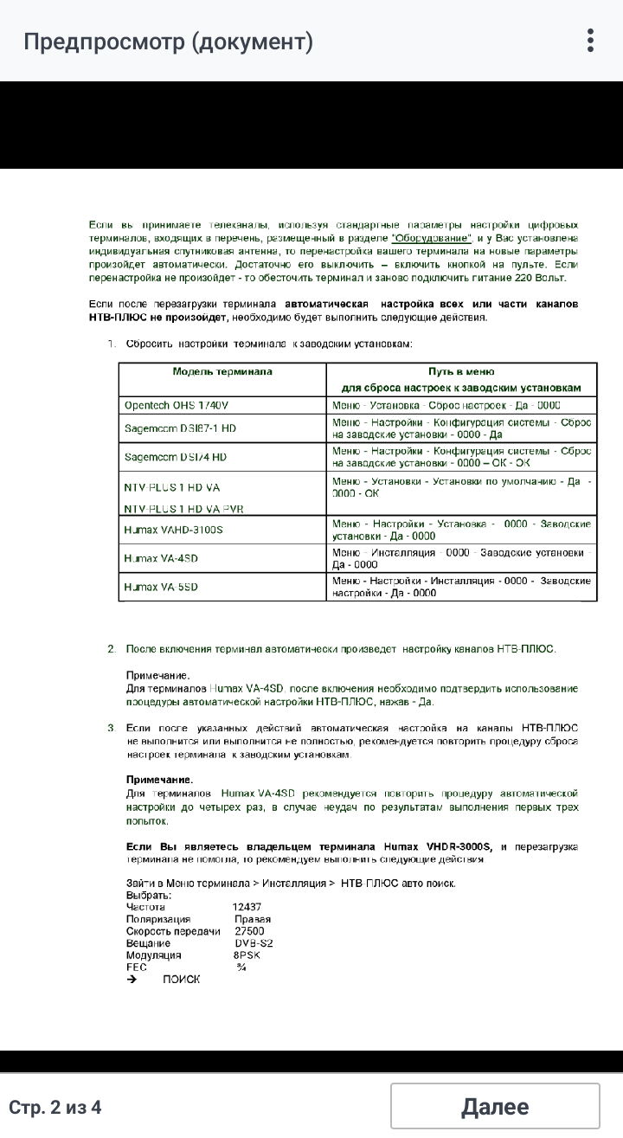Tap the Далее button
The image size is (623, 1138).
click(495, 1107)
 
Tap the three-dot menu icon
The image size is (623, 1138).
click(590, 41)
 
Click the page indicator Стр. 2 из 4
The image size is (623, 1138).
click(55, 1107)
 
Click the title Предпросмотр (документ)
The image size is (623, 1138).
click(168, 42)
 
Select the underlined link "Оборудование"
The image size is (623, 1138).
click(431, 238)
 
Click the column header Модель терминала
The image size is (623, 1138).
click(222, 371)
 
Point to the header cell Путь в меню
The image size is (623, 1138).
click(462, 372)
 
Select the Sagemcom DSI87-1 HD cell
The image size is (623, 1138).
click(180, 429)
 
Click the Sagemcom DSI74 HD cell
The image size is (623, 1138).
click(176, 457)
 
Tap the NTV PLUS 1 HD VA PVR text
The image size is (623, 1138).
click(183, 509)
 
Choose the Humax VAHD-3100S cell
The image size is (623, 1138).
click(173, 530)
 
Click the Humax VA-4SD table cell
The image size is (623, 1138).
click(161, 558)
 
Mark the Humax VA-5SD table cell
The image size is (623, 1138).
click(161, 587)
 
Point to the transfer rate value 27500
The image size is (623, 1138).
click(249, 931)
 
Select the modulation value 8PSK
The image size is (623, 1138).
click(247, 955)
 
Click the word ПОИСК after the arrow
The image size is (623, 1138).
click(181, 979)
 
